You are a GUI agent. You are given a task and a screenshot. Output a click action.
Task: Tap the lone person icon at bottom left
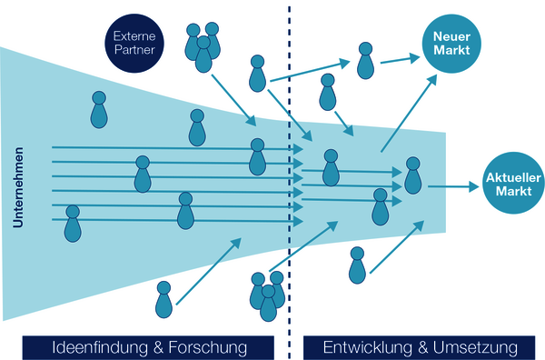pyautogui.click(x=163, y=300)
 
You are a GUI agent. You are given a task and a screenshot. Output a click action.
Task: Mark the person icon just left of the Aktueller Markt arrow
pyautogui.click(x=413, y=175)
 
